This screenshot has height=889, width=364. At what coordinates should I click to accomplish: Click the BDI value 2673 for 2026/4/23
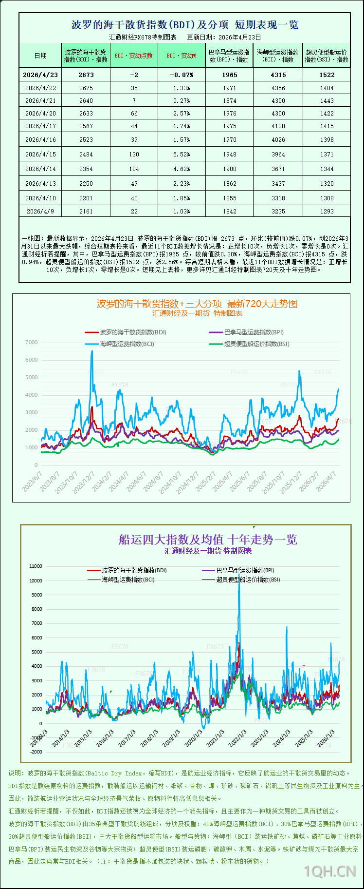point(86,75)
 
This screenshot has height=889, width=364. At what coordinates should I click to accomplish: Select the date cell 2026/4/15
point(40,154)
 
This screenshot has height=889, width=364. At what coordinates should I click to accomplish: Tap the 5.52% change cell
point(182,154)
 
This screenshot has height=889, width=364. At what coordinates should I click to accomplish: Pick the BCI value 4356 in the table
point(278,88)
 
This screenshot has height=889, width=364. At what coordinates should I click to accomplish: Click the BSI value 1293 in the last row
point(327,211)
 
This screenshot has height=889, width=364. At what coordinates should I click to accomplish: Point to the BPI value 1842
point(229,211)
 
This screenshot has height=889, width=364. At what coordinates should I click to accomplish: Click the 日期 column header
point(40,56)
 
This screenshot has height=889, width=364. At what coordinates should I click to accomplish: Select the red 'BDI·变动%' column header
point(182,56)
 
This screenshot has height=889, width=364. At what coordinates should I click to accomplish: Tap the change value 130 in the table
point(134,154)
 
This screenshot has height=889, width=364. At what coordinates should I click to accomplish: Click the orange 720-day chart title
point(197,304)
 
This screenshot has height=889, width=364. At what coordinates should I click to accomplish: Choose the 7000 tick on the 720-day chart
point(32,343)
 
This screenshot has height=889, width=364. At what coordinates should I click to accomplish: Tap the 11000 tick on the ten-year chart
point(36,566)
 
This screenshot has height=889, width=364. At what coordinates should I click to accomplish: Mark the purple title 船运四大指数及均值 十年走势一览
point(208,540)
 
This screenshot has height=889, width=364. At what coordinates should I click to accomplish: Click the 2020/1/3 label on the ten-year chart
point(193,738)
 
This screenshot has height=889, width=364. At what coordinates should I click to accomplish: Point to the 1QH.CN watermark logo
point(330,871)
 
